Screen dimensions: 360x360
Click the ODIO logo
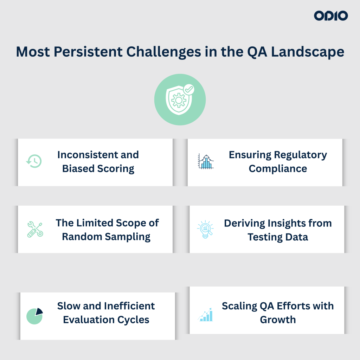331,15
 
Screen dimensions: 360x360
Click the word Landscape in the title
308,52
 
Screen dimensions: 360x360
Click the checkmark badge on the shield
189,89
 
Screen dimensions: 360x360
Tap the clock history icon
34,161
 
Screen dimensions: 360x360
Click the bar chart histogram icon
206,161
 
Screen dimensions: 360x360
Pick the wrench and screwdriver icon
35,229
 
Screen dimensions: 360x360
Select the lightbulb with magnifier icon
205,229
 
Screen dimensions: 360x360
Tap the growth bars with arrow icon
205,315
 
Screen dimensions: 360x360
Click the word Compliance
278,169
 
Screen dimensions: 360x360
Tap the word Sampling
128,237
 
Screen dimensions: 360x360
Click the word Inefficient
129,306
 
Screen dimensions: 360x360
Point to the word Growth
278,320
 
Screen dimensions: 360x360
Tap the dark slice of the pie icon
39,311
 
